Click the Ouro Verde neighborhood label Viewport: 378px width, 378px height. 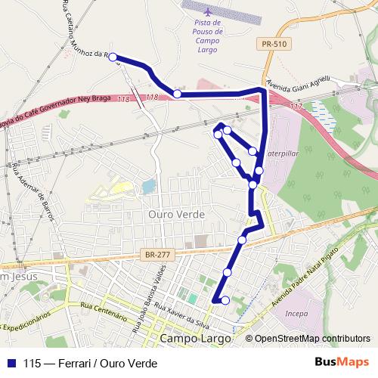[x=176, y=214]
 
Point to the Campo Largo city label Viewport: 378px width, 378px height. [x=195, y=338]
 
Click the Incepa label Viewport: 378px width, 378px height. [x=297, y=312]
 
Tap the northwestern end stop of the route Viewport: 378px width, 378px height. [x=113, y=57]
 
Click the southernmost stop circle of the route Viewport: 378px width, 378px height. [x=225, y=301]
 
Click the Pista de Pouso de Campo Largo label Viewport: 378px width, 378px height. [x=207, y=36]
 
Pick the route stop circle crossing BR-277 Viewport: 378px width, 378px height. [x=242, y=240]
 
